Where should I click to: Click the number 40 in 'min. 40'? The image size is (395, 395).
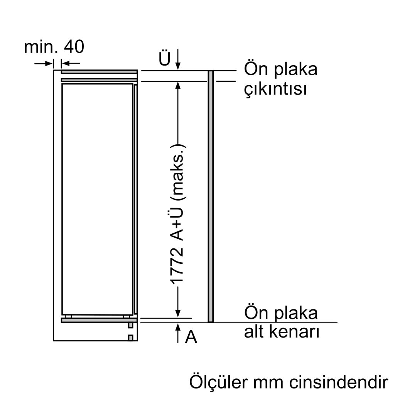pos(74,47)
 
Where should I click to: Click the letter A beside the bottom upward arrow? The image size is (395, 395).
pos(191,338)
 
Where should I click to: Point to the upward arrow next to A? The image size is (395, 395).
pos(178,333)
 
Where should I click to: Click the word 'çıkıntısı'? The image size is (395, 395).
pos(275,89)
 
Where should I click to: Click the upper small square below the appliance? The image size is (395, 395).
pos(131,326)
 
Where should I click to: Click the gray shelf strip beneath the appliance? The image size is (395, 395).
pos(99,320)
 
